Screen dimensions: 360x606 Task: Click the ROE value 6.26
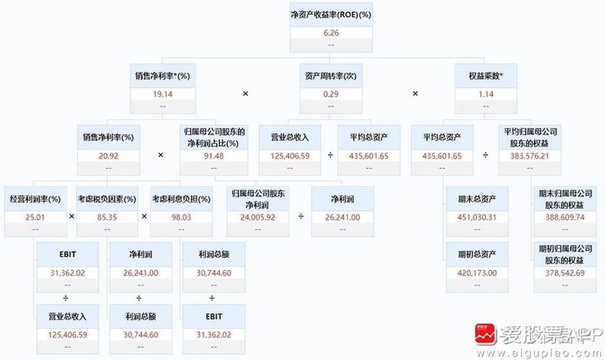pos(329,33)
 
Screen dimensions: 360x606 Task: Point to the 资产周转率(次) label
pos(329,75)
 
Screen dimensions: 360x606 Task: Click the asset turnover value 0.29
pos(329,93)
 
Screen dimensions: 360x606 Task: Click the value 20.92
pos(108,156)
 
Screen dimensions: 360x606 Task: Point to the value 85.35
pos(107,216)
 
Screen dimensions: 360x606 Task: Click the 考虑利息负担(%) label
pos(180,199)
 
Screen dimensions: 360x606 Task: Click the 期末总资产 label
pos(476,199)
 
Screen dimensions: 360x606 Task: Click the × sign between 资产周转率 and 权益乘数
pos(414,93)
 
